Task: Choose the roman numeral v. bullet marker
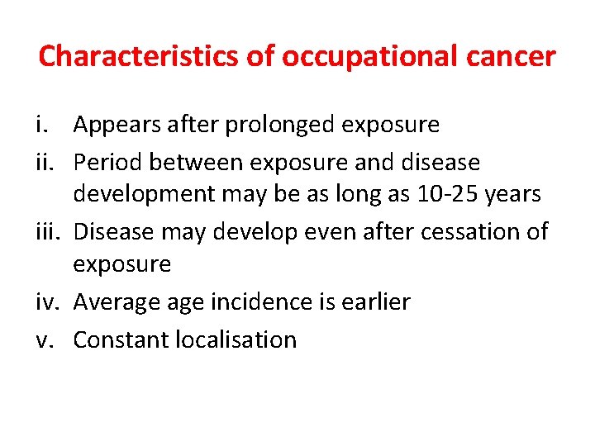[x=46, y=339]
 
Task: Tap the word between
[x=188, y=162]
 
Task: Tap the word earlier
[x=377, y=302]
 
